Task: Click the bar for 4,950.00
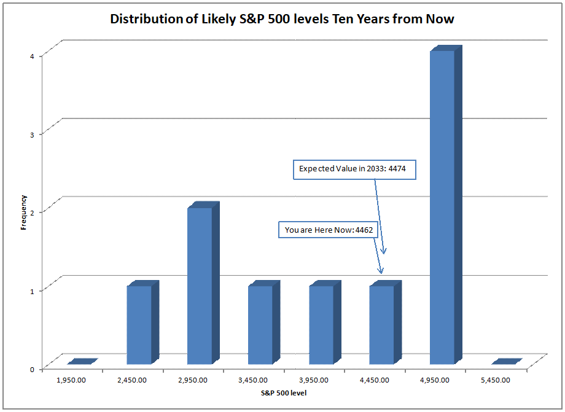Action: pos(443,208)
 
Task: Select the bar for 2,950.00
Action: pos(200,286)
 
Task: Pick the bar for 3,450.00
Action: pos(261,325)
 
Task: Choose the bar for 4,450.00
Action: pos(382,325)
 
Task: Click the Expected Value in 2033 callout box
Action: pos(354,169)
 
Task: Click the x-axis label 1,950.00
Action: pos(71,380)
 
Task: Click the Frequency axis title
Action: pos(23,212)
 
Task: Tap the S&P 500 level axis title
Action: pos(282,393)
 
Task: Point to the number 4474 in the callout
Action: pos(400,169)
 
